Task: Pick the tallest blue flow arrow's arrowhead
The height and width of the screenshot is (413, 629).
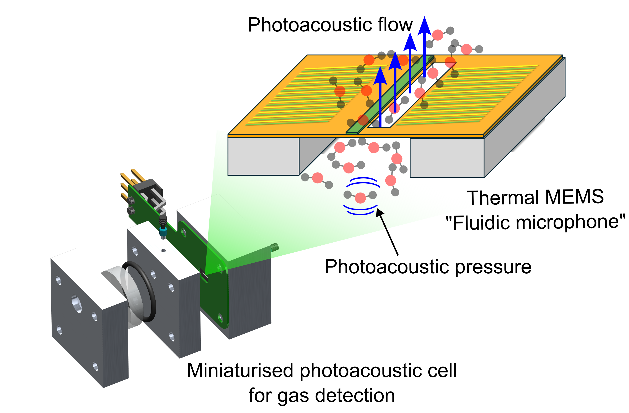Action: coord(424,26)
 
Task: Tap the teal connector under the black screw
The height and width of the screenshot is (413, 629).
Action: coord(163,232)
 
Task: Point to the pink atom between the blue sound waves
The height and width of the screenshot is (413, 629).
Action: coord(360,198)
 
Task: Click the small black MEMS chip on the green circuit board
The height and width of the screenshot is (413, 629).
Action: coord(204,275)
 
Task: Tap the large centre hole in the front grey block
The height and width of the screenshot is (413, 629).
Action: coord(77,304)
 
